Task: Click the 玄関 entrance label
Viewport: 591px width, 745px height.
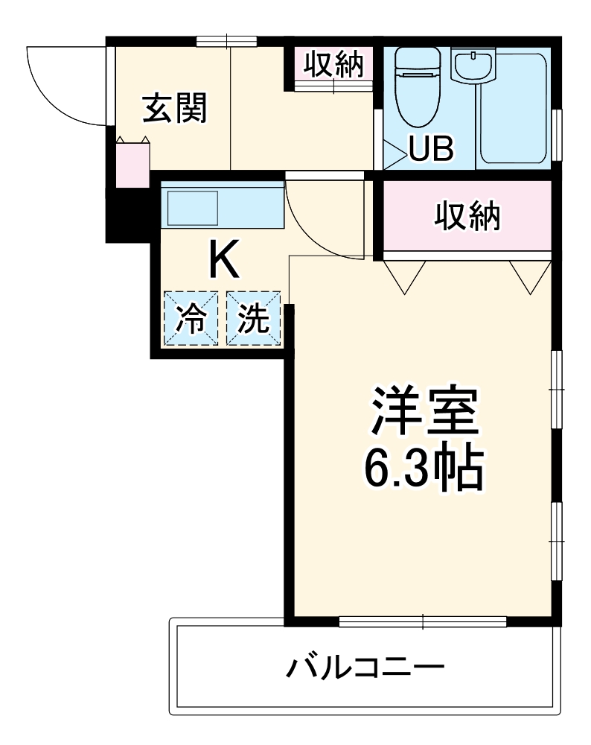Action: coord(174,111)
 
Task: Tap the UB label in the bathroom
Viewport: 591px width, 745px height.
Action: coord(430,150)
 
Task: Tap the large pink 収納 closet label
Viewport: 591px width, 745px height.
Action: coord(467,217)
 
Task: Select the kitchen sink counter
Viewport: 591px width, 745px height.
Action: coord(223,207)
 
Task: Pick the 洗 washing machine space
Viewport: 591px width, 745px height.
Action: coord(253,319)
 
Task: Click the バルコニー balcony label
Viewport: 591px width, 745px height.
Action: coord(365,665)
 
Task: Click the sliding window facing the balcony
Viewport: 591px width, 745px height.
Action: coord(422,620)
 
